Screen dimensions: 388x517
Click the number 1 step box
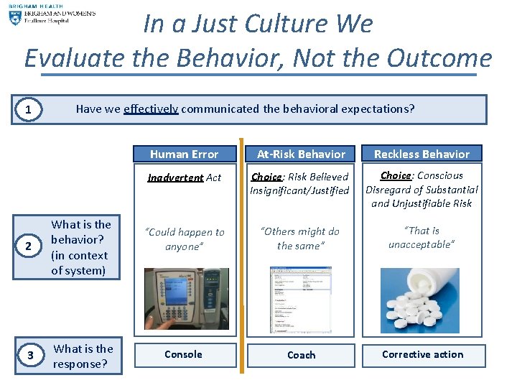pyautogui.click(x=28, y=110)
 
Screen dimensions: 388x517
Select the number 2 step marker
pyautogui.click(x=28, y=247)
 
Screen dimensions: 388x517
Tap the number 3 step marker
pyautogui.click(x=29, y=356)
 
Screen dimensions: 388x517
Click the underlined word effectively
pyautogui.click(x=151, y=109)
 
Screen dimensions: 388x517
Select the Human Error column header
pyautogui.click(x=185, y=154)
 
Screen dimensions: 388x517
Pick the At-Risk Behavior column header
pyautogui.click(x=301, y=154)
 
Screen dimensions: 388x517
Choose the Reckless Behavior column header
pyautogui.click(x=421, y=154)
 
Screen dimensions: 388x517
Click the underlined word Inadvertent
pyautogui.click(x=175, y=177)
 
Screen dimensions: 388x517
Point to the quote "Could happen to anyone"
pyautogui.click(x=185, y=239)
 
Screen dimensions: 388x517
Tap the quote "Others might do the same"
pyautogui.click(x=301, y=239)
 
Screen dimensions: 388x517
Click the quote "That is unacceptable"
pyautogui.click(x=421, y=237)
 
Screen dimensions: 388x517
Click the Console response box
pyautogui.click(x=184, y=354)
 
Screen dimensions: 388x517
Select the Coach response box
pyautogui.click(x=301, y=355)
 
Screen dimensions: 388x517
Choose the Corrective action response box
pyautogui.click(x=422, y=354)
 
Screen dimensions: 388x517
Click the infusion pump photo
pyautogui.click(x=186, y=299)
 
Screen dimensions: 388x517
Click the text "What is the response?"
pyautogui.click(x=83, y=356)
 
